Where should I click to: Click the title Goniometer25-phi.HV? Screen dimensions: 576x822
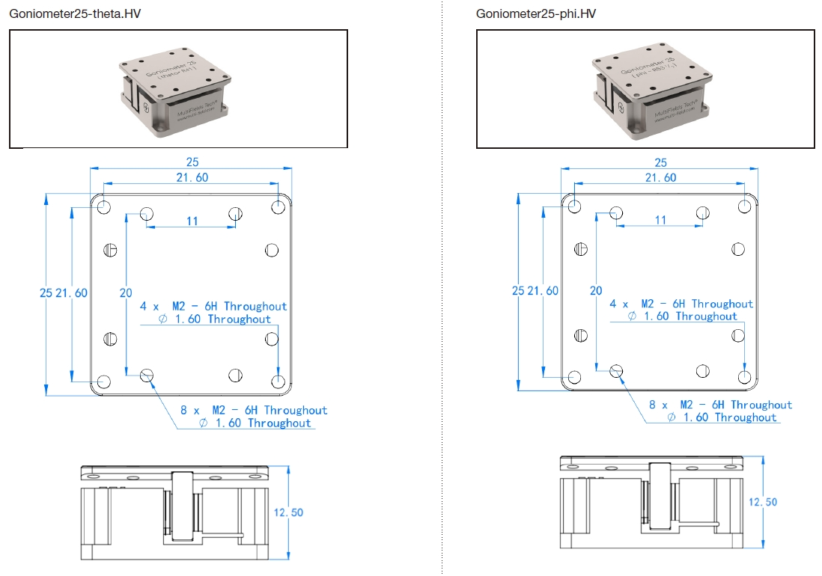click(536, 14)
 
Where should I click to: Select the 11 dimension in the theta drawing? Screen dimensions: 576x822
click(192, 221)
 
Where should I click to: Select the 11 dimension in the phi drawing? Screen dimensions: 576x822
click(660, 220)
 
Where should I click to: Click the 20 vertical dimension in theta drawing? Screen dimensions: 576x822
click(126, 293)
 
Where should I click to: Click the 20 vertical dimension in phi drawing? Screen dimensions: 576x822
click(595, 291)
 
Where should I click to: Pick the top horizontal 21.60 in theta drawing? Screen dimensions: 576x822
click(192, 177)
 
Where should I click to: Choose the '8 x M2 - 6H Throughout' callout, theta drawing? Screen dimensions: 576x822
click(254, 410)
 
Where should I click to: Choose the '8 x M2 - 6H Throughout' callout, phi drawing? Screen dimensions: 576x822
click(720, 405)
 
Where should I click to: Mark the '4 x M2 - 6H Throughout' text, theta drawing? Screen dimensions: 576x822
click(213, 306)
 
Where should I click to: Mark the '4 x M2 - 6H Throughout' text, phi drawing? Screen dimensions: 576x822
click(681, 304)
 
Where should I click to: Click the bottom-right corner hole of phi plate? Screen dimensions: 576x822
click(744, 377)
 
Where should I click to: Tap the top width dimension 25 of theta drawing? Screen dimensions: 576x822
click(192, 162)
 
